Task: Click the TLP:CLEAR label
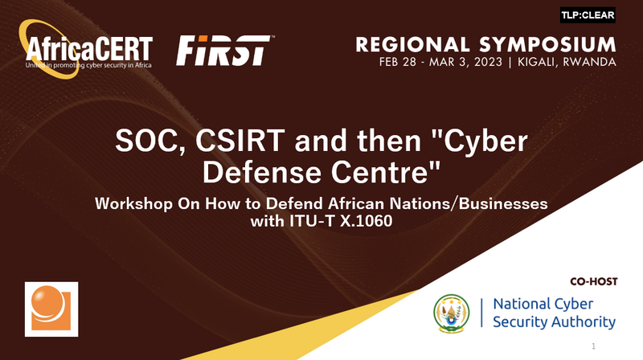tap(588, 15)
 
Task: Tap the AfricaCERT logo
tap(86, 49)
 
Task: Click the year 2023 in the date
tap(488, 63)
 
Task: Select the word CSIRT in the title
tap(240, 141)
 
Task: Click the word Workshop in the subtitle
tap(133, 204)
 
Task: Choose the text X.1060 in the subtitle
tap(367, 221)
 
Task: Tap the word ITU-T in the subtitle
tap(313, 221)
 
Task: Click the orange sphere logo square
tap(51, 309)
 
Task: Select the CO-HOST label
tap(593, 282)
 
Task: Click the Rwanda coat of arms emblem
tap(452, 313)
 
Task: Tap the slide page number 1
tap(593, 346)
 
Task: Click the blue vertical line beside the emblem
tap(481, 313)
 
